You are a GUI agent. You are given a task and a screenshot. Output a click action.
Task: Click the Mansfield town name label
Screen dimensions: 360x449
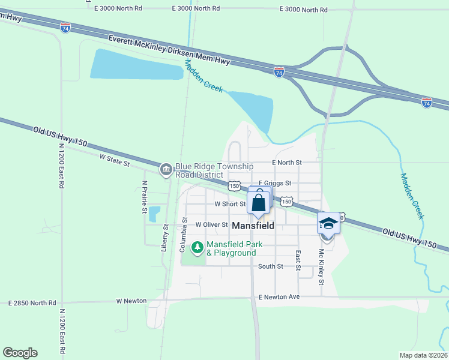click(x=253, y=226)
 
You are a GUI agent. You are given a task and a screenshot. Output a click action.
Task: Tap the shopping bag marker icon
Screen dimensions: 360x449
click(x=259, y=202)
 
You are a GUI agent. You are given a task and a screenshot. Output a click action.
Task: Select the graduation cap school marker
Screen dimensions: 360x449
click(x=328, y=223)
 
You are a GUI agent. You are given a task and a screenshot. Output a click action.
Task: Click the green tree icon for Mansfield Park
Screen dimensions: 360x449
click(x=197, y=247)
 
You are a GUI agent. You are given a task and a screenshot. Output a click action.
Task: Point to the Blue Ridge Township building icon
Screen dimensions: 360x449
click(x=166, y=170)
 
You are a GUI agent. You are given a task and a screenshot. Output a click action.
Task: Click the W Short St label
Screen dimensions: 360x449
click(x=231, y=204)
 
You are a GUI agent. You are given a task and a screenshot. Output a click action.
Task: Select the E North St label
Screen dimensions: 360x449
click(x=286, y=163)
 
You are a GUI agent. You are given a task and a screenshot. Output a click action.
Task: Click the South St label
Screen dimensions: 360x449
click(x=270, y=266)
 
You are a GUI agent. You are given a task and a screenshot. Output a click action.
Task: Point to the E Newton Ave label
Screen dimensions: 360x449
click(x=279, y=297)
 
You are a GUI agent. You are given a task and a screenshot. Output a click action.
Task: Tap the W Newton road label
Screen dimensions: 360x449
click(x=131, y=301)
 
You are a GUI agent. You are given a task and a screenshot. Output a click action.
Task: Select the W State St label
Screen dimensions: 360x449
click(x=115, y=159)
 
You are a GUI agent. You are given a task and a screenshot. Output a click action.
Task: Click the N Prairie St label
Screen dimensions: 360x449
click(x=145, y=197)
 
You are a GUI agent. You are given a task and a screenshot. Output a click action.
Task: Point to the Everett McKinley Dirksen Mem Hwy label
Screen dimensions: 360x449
click(x=169, y=50)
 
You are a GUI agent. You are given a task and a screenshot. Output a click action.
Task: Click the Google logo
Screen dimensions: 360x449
click(x=20, y=353)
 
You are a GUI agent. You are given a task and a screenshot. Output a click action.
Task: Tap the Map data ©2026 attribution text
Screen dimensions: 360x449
click(x=423, y=355)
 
